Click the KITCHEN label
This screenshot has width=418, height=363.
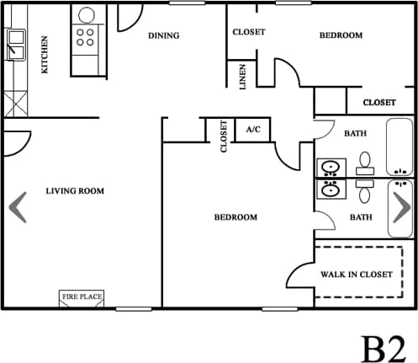point(45,54)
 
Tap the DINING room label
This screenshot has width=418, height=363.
point(165,35)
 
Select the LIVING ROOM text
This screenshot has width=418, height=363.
point(75,191)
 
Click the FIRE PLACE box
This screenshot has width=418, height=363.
point(82,296)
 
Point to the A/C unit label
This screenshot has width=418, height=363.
point(252,131)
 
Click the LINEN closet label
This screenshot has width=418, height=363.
point(243,77)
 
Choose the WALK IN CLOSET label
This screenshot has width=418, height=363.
point(357,275)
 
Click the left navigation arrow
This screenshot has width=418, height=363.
point(19,207)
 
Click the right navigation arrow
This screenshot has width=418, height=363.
point(401,207)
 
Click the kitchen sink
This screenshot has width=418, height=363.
point(15,42)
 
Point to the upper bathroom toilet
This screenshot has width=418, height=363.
point(365,162)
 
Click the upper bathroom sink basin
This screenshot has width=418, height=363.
point(329,167)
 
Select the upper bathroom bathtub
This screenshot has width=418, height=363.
point(399,147)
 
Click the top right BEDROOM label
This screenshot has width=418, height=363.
point(341,35)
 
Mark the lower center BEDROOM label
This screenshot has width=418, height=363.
point(235,217)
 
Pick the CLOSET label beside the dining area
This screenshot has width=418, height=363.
point(248,32)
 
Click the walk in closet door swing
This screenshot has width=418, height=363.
point(301,277)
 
